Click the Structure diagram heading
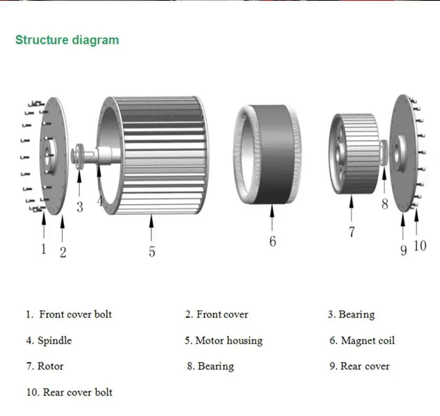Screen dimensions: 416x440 67,40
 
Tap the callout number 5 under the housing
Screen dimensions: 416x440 152,252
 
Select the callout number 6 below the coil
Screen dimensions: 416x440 273,241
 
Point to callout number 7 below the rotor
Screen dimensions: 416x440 351,232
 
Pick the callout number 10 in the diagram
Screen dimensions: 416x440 420,246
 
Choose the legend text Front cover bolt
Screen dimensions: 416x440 75,314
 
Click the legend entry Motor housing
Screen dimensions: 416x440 228,340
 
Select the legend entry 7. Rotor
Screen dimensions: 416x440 44,366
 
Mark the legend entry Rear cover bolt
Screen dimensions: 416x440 77,392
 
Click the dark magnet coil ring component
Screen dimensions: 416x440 273,154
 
